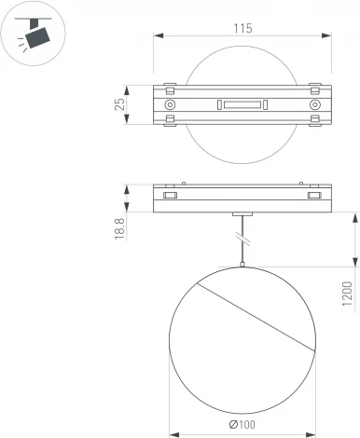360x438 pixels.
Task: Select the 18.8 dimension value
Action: point(120,227)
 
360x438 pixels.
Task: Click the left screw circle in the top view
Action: point(170,107)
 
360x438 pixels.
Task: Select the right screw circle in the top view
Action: point(313,107)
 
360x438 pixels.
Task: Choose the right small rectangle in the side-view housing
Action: point(313,197)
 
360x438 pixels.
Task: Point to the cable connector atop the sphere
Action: point(242,267)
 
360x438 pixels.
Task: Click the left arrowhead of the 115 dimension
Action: point(153,37)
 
